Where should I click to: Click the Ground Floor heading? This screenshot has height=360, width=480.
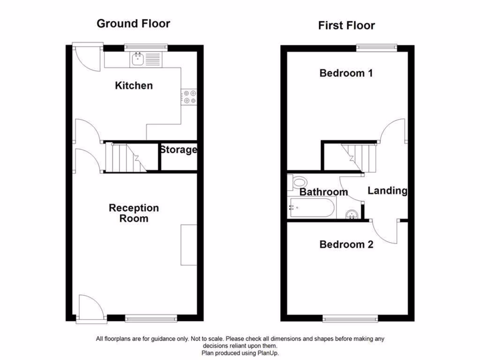click(x=133, y=23)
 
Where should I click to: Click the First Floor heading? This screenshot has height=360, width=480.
click(x=346, y=25)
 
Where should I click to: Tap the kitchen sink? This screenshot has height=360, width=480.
click(x=138, y=60)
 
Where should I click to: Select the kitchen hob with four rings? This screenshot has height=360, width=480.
click(x=190, y=97)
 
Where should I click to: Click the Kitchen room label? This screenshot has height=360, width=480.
click(x=134, y=85)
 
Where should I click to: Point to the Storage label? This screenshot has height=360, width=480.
click(x=178, y=150)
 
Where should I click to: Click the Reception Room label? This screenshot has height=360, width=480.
click(x=134, y=213)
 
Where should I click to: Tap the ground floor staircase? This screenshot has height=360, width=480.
click(x=124, y=157)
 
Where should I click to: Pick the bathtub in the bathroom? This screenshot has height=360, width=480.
click(x=312, y=208)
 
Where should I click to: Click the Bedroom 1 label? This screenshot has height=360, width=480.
click(x=346, y=73)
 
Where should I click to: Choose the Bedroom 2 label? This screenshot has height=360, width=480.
click(x=346, y=244)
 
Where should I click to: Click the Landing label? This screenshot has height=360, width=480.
click(x=387, y=190)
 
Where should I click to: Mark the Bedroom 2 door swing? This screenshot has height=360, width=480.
click(x=385, y=232)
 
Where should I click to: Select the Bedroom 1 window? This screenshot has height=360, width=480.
click(x=376, y=46)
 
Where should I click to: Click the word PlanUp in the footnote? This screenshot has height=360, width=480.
click(x=269, y=352)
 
